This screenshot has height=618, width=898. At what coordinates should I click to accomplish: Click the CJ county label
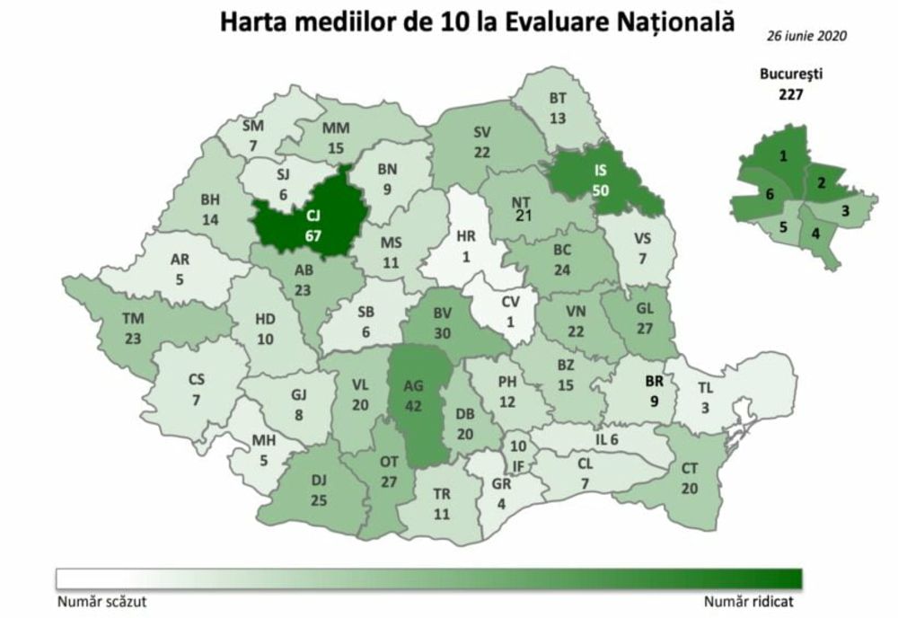click(x=313, y=216)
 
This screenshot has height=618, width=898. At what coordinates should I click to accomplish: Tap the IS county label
click(x=600, y=169)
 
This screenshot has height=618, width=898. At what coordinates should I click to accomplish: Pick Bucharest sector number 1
click(x=784, y=156)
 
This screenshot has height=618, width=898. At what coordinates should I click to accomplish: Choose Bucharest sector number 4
click(x=814, y=234)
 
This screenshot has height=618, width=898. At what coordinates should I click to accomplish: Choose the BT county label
click(x=559, y=99)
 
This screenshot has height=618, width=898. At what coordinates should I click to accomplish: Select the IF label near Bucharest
click(x=517, y=465)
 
